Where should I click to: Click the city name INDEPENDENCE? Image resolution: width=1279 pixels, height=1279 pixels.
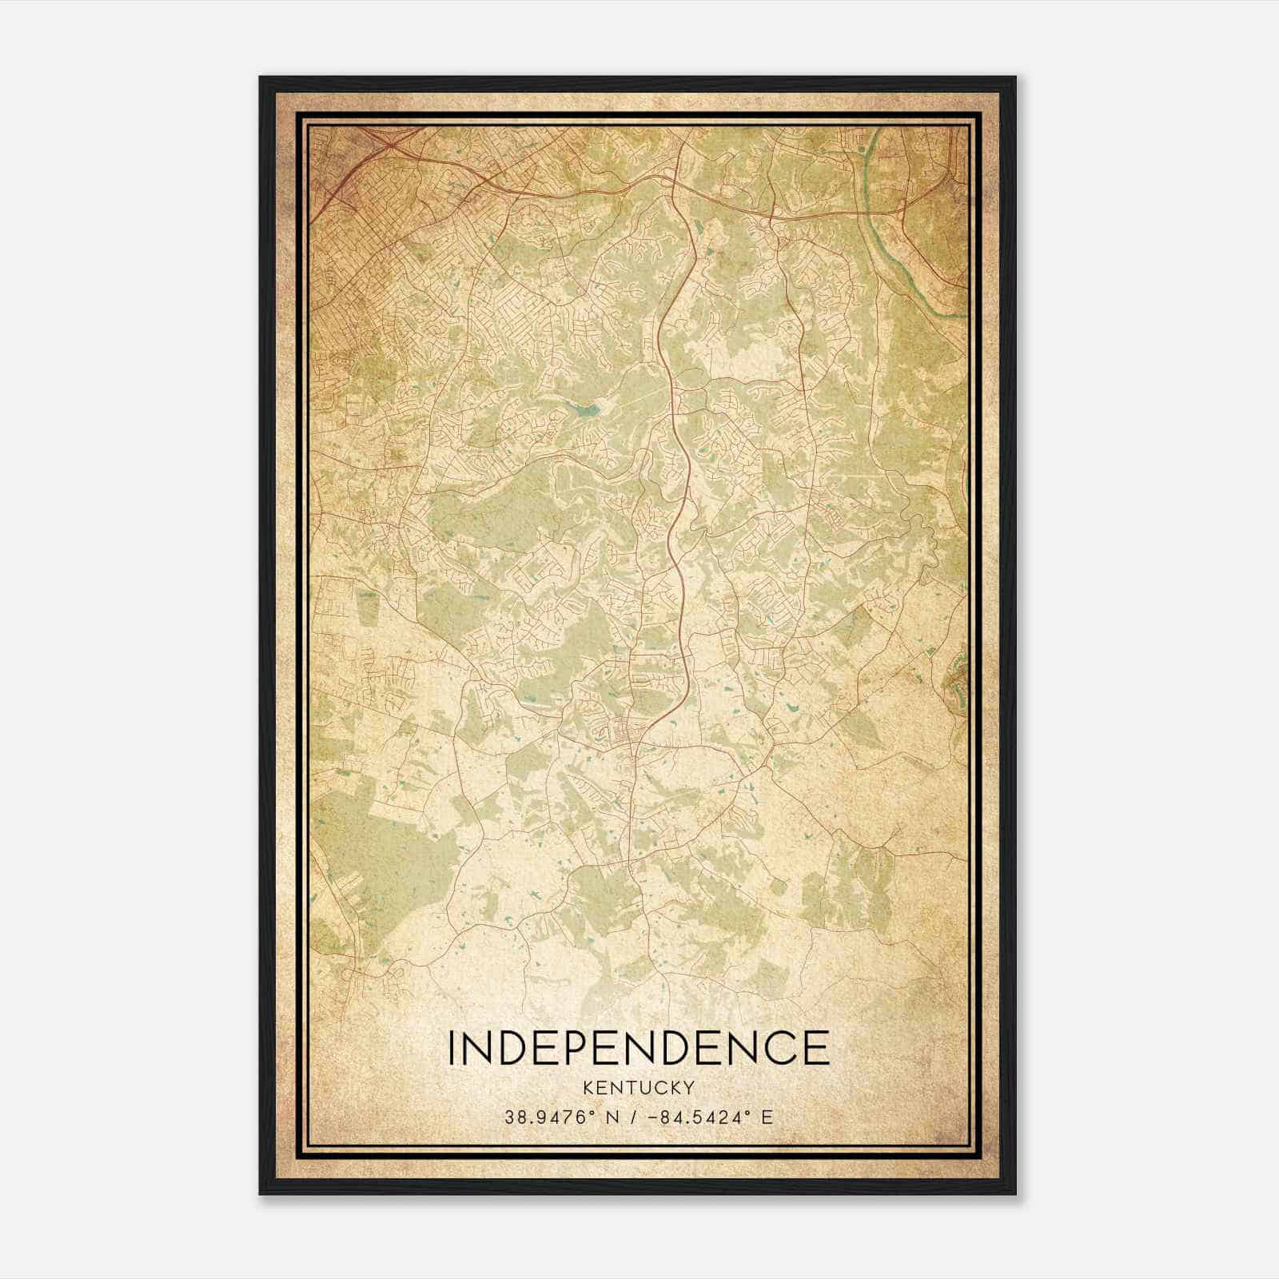click(x=638, y=1047)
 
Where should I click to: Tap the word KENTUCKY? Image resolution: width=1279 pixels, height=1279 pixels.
click(x=639, y=1087)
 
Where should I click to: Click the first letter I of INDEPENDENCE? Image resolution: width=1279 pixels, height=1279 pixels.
click(x=452, y=1047)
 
